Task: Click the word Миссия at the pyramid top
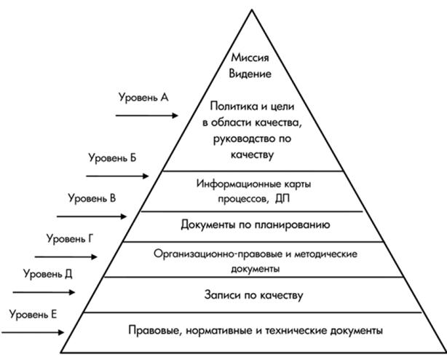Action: coord(251,58)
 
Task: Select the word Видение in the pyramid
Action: coord(251,74)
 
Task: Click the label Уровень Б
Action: coord(113,157)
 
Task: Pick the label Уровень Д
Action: coord(48,274)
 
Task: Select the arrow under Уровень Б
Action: coord(116,176)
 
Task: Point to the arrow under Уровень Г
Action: coord(65,257)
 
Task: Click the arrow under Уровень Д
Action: coord(44,291)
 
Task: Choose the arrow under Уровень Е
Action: coord(33,332)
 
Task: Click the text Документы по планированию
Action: coord(255,224)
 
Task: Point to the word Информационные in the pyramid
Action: coord(230,184)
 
